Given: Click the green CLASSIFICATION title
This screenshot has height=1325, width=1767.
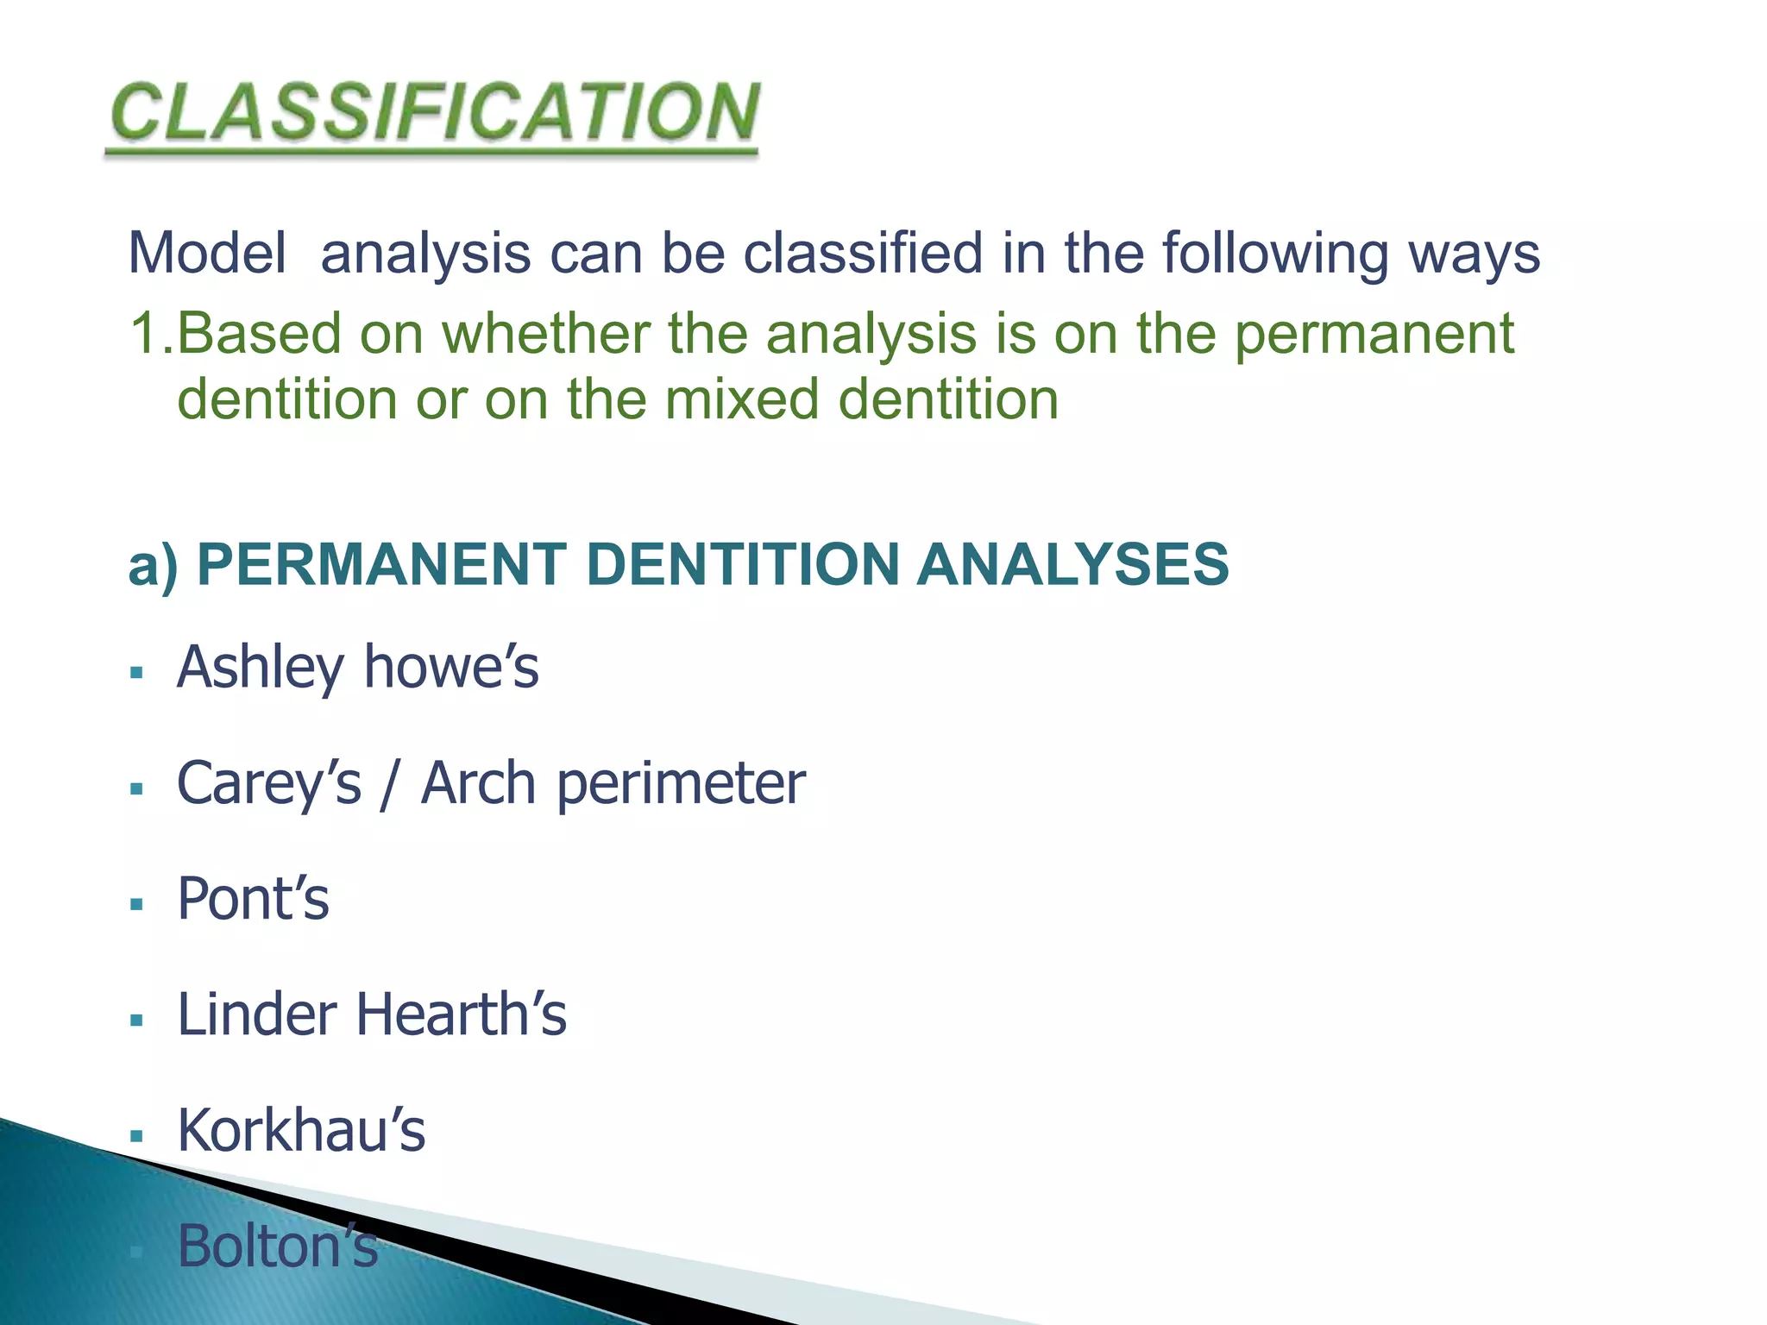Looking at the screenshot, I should (434, 114).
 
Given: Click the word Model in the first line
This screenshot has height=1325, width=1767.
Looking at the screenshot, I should (207, 254).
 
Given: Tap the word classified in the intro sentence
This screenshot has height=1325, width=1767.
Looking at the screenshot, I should (862, 254).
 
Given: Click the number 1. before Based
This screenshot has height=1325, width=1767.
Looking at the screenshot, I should (150, 333).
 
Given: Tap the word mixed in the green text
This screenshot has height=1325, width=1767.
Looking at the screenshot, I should (741, 399).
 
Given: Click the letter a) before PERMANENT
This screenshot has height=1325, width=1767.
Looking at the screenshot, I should (153, 566).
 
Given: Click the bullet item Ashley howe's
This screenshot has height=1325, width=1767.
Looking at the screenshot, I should (357, 669).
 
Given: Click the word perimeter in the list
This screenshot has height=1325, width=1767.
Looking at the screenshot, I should (681, 784).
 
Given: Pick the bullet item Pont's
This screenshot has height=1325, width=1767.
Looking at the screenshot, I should (253, 900).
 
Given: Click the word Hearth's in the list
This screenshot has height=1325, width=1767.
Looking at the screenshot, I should (461, 1014).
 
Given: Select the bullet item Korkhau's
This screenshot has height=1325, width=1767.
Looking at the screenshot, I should (301, 1131).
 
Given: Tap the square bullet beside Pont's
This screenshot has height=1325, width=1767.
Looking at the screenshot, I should (135, 905).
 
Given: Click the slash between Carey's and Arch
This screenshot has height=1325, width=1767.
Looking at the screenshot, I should (391, 784).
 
